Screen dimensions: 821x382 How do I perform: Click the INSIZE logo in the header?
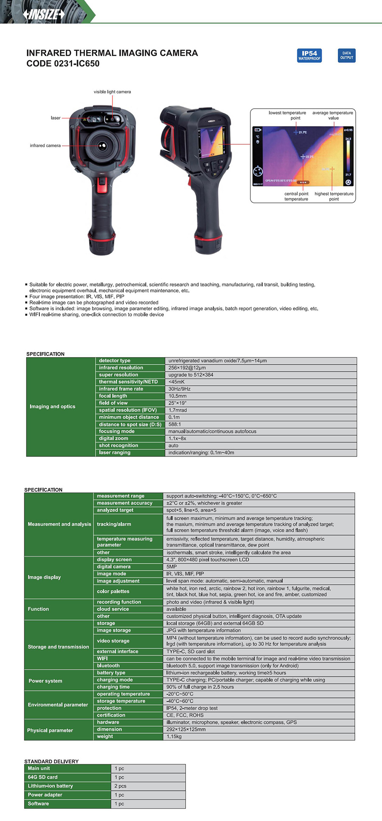tap(44, 14)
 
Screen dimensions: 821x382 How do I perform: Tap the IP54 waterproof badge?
tap(309, 56)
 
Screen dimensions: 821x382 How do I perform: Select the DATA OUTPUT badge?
tap(346, 56)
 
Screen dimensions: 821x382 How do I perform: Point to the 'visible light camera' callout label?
tap(112, 92)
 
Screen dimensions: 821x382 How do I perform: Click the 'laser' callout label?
tap(56, 118)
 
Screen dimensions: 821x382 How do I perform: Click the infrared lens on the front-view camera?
tap(102, 146)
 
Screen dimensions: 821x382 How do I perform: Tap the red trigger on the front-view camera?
tap(102, 185)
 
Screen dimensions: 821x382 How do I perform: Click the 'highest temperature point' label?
tap(334, 196)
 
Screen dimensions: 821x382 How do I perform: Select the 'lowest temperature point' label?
tap(287, 115)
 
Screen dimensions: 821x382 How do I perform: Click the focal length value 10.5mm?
tap(177, 396)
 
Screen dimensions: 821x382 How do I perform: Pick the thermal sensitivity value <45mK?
tap(177, 382)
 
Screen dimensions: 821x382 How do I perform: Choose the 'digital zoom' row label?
tap(113, 438)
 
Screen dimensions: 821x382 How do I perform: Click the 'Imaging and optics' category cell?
tap(52, 406)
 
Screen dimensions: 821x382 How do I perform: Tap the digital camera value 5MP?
tap(171, 566)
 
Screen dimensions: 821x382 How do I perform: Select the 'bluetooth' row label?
tap(108, 666)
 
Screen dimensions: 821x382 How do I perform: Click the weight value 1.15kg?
tap(174, 737)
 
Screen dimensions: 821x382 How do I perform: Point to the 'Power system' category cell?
tap(45, 681)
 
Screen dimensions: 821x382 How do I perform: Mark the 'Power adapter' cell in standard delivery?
tap(45, 795)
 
